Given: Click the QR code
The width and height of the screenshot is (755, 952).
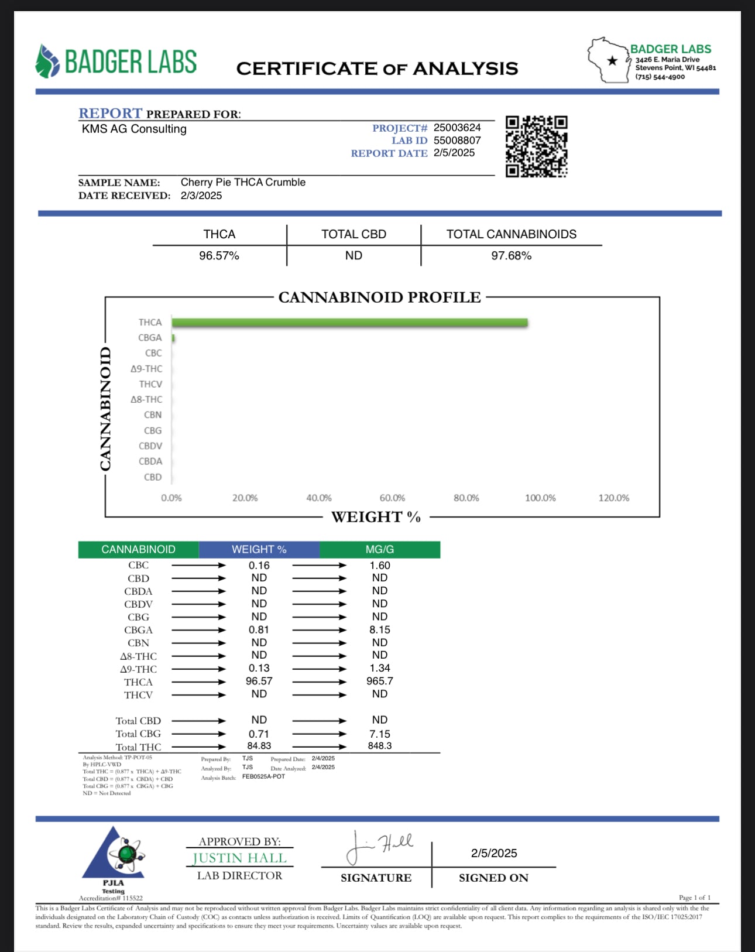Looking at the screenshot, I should click(x=536, y=146).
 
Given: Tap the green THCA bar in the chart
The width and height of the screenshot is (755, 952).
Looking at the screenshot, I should click(x=349, y=323).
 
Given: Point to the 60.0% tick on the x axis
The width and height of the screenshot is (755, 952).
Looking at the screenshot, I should click(x=392, y=498).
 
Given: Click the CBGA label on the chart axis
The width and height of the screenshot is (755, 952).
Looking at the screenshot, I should click(x=150, y=338).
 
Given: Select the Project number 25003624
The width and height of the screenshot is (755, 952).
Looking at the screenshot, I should click(x=457, y=128).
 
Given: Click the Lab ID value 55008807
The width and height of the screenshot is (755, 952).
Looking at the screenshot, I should click(x=457, y=141).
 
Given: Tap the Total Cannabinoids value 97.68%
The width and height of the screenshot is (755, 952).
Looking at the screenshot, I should click(x=511, y=256).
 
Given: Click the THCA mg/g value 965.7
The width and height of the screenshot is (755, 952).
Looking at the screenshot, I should click(x=380, y=681).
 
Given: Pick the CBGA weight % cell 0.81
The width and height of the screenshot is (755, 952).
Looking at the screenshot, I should click(x=259, y=630).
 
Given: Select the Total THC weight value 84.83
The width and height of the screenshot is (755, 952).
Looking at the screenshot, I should click(x=259, y=746).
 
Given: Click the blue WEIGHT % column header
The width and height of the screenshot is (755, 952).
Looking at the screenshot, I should click(x=259, y=550).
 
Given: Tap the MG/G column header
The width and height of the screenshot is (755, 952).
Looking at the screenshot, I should click(x=380, y=550).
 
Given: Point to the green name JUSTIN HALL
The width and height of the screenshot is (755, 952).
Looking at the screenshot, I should click(x=239, y=858).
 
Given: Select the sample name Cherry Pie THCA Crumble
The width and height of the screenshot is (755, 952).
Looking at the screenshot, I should click(x=243, y=182).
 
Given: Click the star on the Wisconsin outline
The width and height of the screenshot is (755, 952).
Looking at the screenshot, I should click(x=612, y=61).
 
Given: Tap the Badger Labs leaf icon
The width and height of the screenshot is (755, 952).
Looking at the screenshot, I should click(x=47, y=61).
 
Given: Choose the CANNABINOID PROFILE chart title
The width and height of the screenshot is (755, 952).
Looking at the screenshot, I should click(x=379, y=297).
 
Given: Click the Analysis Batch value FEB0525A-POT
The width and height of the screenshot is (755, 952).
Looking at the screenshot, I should click(x=263, y=777).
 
